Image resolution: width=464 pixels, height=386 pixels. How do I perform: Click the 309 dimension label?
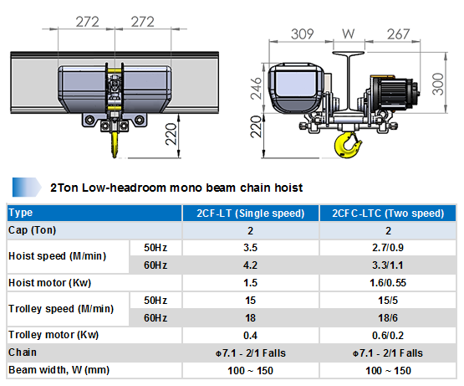pyautogui.click(x=302, y=34)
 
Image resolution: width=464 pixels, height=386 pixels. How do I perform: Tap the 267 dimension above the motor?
pyautogui.click(x=398, y=34)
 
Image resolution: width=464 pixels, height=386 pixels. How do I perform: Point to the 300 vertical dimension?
pyautogui.click(x=438, y=85)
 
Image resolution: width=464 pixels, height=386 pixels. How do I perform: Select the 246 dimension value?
pyautogui.click(x=257, y=89)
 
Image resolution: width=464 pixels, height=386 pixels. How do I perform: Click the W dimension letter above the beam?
pyautogui.click(x=349, y=33)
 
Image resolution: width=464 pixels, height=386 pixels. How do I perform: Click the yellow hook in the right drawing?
pyautogui.click(x=348, y=145)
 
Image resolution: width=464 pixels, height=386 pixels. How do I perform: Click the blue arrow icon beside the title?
pyautogui.click(x=27, y=187)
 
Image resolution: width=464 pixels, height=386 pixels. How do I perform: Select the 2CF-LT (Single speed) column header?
pyautogui.click(x=250, y=214)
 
